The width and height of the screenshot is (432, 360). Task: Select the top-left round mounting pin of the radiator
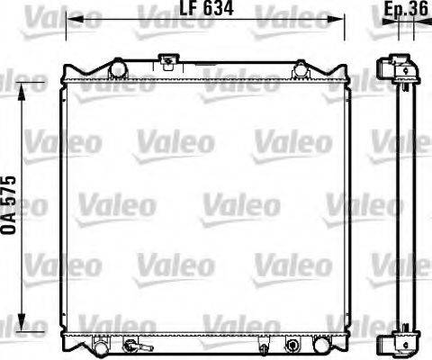pos(115,67)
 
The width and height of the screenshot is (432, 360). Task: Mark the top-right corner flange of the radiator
pos(346,72)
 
